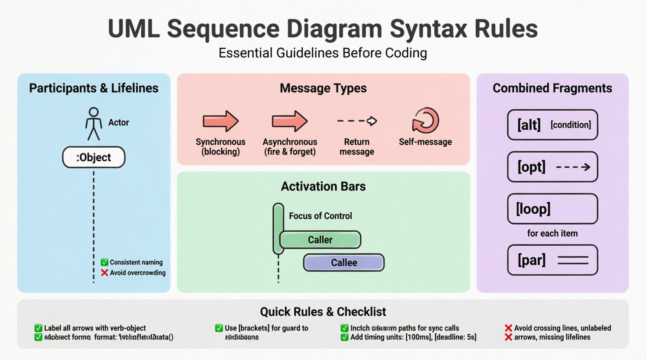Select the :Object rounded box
tap(94, 157)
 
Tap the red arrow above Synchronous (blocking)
tap(220, 121)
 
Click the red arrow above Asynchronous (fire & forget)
tap(289, 121)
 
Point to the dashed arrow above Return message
tap(357, 121)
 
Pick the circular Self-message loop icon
tap(425, 121)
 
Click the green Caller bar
tap(320, 240)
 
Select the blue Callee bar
tap(344, 263)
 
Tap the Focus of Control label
tap(320, 216)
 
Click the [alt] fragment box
tap(552, 125)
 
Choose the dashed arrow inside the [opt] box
tap(573, 167)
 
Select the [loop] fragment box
tap(552, 209)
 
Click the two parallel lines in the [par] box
tap(573, 260)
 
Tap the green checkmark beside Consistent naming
tap(104, 262)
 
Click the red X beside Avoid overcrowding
tap(104, 273)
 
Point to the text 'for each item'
tap(552, 234)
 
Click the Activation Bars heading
tap(323, 187)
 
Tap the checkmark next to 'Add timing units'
tap(344, 337)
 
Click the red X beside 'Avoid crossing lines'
tap(508, 328)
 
